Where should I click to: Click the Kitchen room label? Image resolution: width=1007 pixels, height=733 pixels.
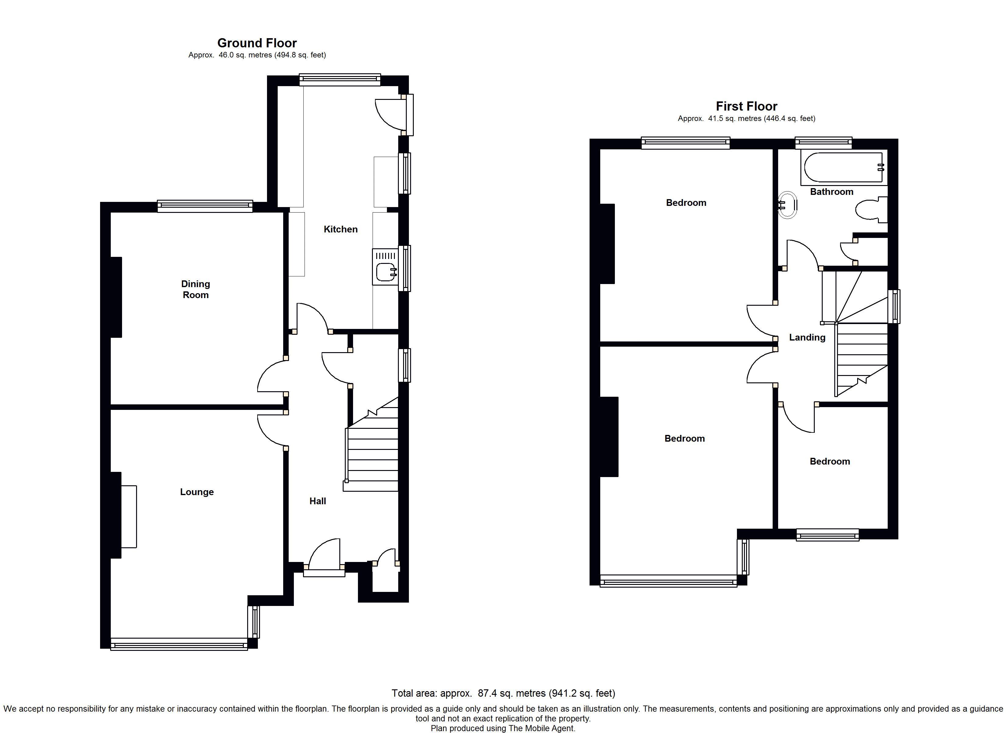pyautogui.click(x=341, y=229)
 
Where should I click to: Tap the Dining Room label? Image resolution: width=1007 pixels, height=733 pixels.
pyautogui.click(x=195, y=289)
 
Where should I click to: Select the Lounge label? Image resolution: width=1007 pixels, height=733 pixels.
pyautogui.click(x=197, y=492)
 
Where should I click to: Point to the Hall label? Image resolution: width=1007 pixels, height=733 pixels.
pyautogui.click(x=317, y=501)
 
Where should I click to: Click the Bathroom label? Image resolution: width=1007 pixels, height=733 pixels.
pyautogui.click(x=832, y=191)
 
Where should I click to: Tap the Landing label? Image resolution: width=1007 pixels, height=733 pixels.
pyautogui.click(x=807, y=337)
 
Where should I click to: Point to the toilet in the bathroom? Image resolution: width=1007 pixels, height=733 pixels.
pyautogui.click(x=871, y=210)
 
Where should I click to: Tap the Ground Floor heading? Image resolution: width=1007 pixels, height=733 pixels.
pyautogui.click(x=257, y=43)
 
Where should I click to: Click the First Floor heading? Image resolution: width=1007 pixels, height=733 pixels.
pyautogui.click(x=746, y=106)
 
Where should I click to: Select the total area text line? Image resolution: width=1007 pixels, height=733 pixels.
pyautogui.click(x=503, y=693)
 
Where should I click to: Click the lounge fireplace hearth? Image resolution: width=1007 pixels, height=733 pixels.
pyautogui.click(x=129, y=516)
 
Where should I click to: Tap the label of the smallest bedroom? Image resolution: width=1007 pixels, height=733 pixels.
pyautogui.click(x=830, y=461)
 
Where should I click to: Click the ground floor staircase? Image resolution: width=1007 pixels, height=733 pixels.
pyautogui.click(x=371, y=444)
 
